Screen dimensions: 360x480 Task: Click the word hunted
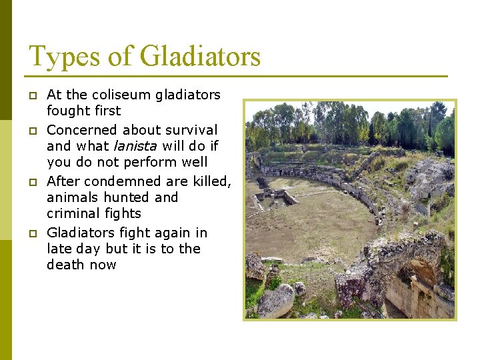pos(126,197)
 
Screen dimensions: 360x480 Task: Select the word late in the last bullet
pos(59,249)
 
